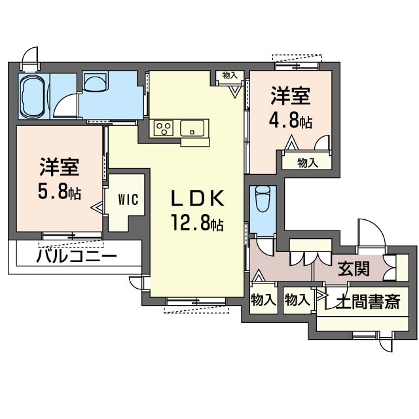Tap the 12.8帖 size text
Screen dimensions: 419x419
click(199, 224)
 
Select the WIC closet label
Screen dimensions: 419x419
click(128, 200)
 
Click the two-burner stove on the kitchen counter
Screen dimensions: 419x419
click(163, 128)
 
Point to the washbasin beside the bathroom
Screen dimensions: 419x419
click(96, 84)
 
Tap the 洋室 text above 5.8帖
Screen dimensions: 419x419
click(60, 168)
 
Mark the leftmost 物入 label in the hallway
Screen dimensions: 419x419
click(263, 300)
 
